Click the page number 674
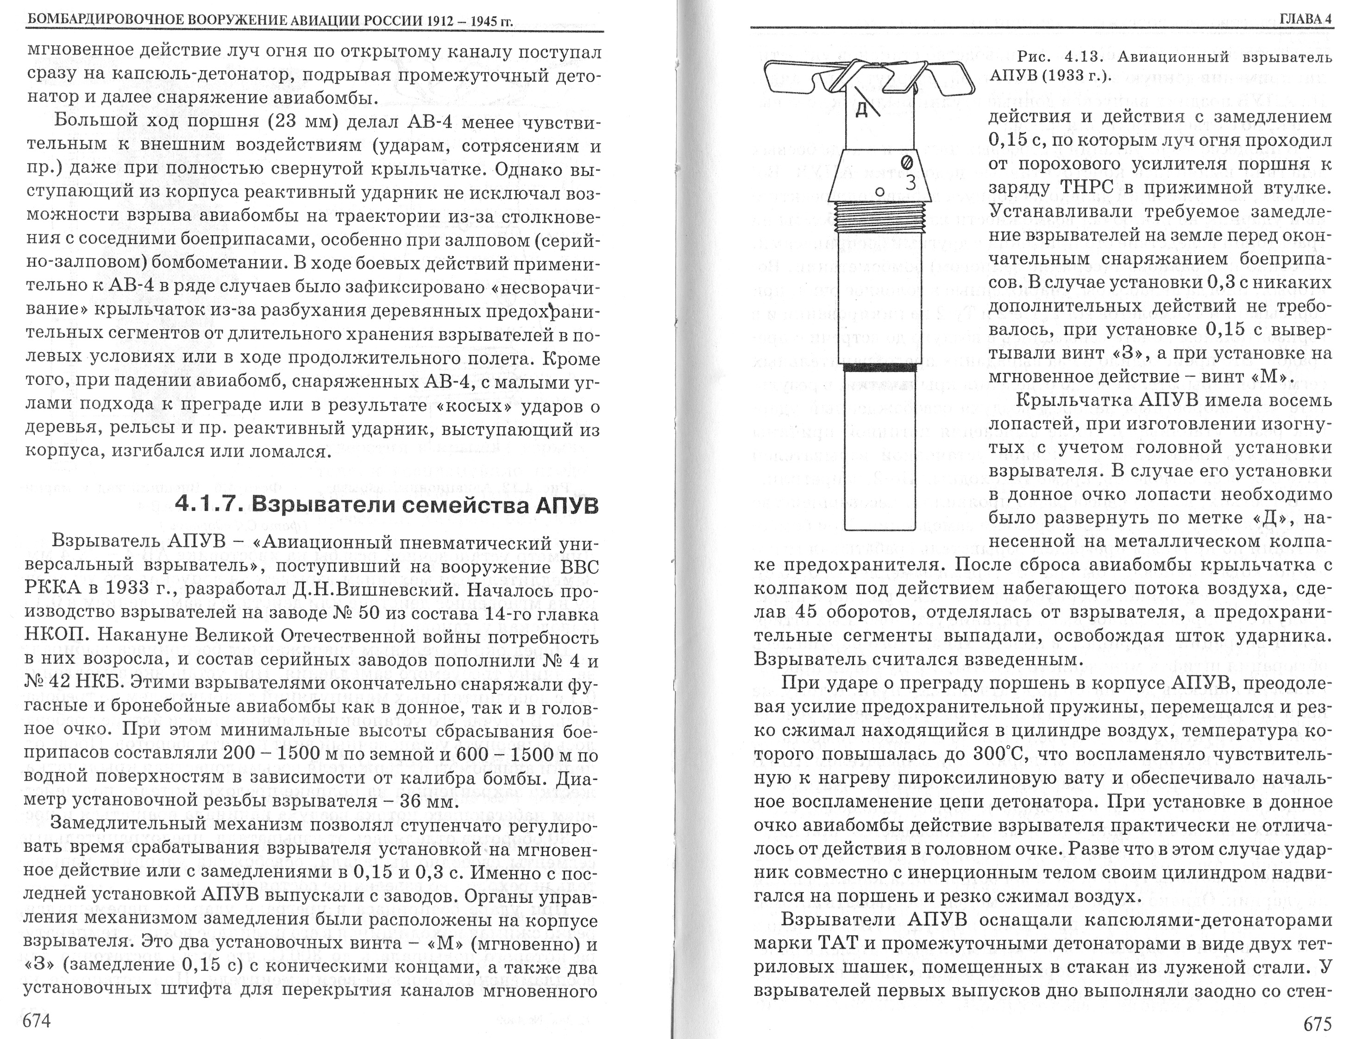point(37,1020)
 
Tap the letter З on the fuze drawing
point(910,183)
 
